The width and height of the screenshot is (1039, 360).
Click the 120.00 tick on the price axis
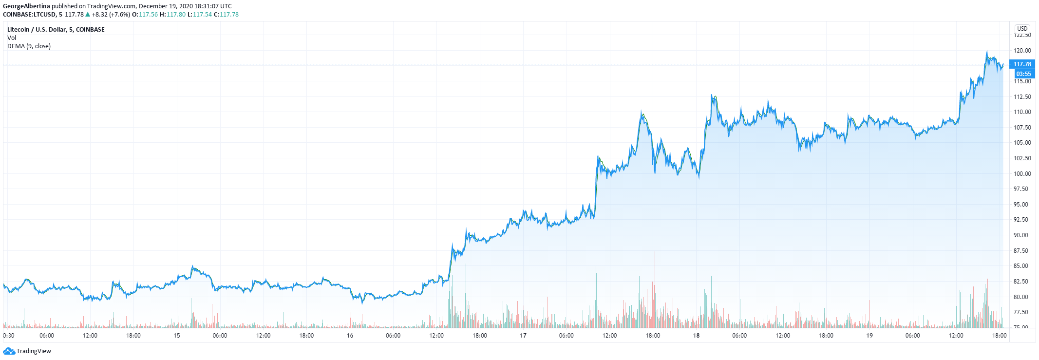coord(1022,51)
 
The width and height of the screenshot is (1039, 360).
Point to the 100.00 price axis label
coord(1022,174)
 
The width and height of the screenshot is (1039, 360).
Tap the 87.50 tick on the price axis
coord(1022,251)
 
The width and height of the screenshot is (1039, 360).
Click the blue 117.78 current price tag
coord(1022,64)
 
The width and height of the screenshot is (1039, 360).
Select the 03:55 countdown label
coord(1023,74)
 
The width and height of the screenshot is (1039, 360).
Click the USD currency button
coord(1022,29)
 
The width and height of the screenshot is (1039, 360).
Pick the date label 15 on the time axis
coord(177,336)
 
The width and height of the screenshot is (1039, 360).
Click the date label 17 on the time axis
coord(523,336)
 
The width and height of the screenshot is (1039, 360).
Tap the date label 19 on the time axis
coord(869,336)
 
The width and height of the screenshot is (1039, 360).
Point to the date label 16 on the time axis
coord(350,336)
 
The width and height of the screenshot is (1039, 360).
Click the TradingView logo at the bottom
coord(27,351)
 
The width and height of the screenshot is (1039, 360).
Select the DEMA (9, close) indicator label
coord(29,46)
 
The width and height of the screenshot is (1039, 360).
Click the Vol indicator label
coord(12,38)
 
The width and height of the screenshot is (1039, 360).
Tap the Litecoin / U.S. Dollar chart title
coord(56,30)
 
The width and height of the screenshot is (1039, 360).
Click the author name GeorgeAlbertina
coord(26,6)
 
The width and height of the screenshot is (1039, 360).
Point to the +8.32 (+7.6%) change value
coord(111,15)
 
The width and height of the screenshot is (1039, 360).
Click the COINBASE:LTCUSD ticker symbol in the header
coord(29,15)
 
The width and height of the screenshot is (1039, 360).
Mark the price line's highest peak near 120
coord(987,52)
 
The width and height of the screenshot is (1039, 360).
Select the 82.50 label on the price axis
coord(1022,282)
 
